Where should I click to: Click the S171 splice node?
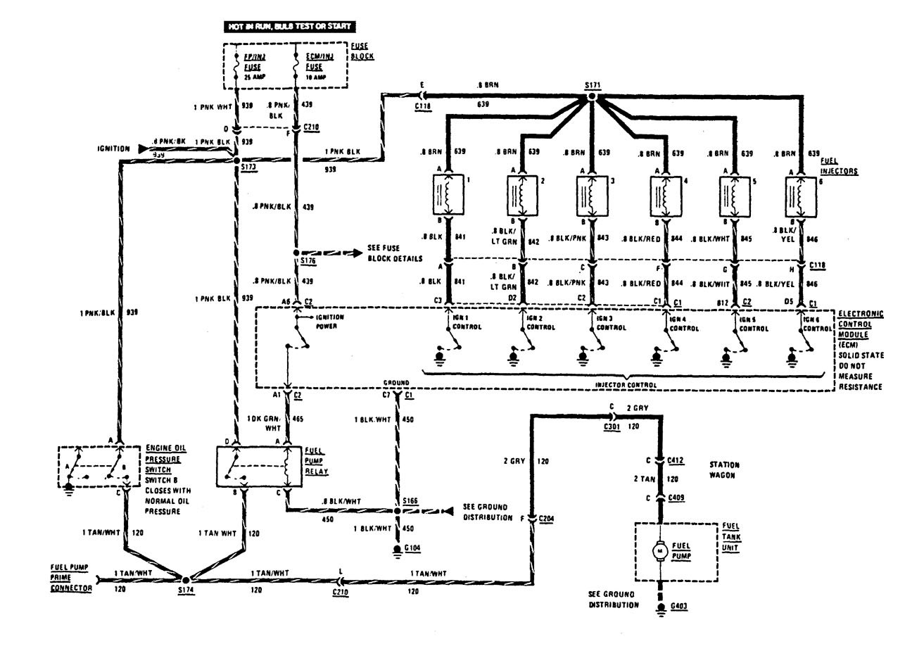592,96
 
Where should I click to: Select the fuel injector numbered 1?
447,195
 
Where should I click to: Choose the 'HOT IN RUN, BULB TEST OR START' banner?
286,26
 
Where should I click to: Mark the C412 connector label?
677,460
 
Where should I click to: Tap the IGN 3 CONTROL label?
607,323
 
